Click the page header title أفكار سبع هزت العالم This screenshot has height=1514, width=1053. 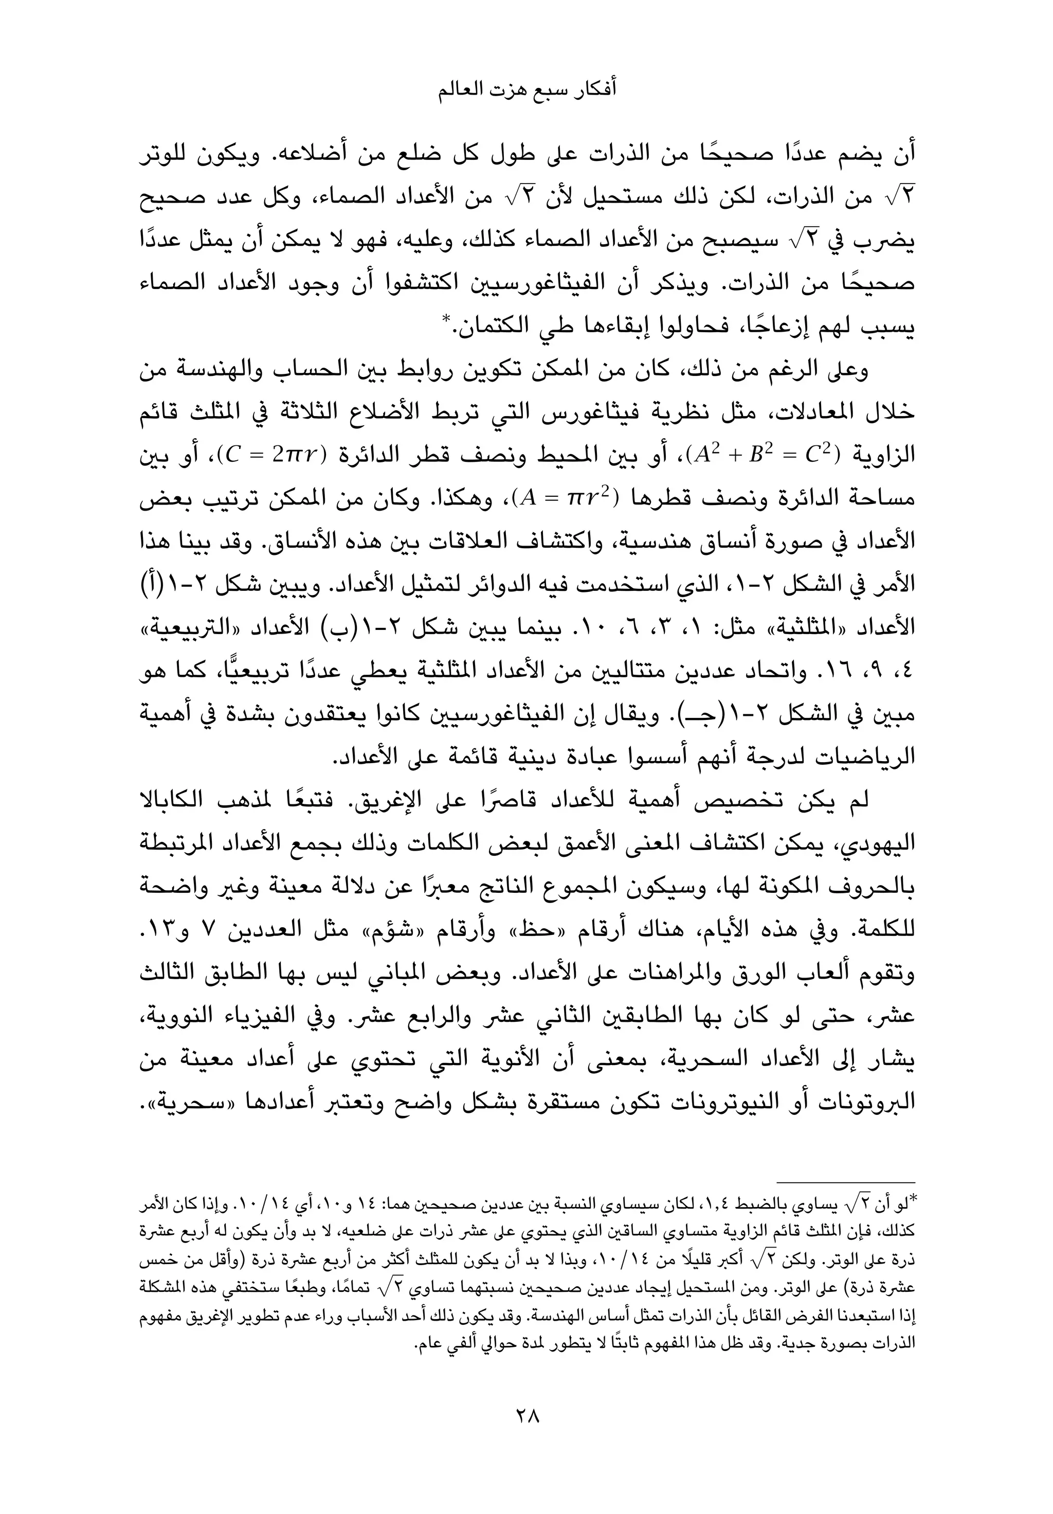pyautogui.click(x=527, y=91)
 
